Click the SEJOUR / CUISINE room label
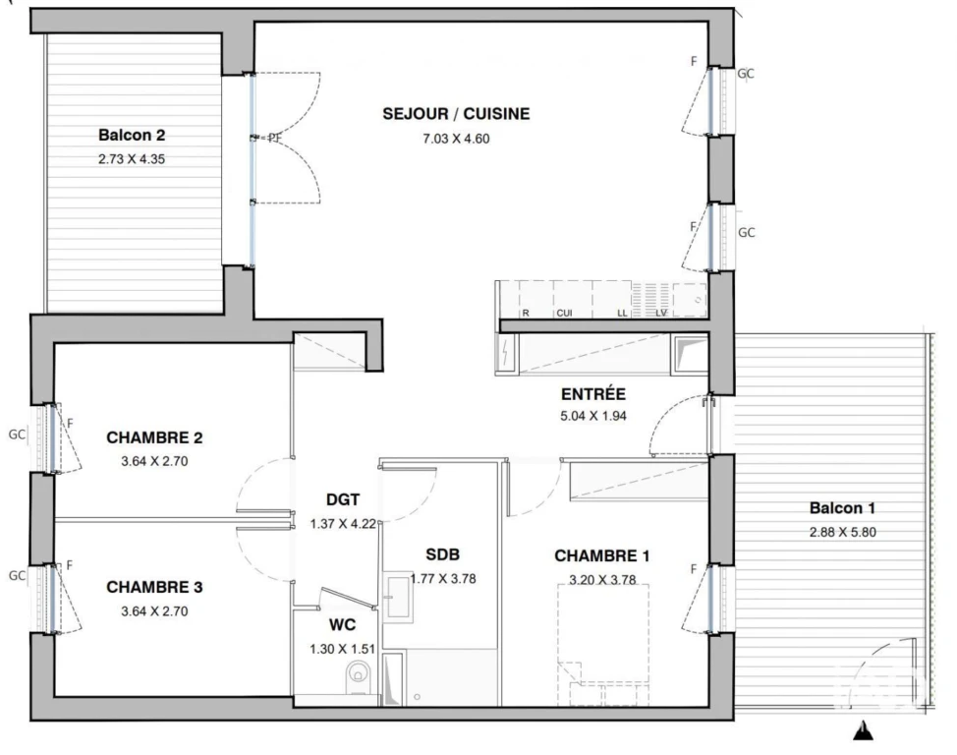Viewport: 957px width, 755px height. pyautogui.click(x=456, y=114)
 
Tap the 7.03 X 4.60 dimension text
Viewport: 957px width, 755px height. pyautogui.click(x=456, y=139)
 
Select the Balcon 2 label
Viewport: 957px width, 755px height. pyautogui.click(x=132, y=135)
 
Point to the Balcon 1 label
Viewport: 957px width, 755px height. pyautogui.click(x=842, y=508)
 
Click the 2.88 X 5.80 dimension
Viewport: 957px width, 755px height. pyautogui.click(x=842, y=532)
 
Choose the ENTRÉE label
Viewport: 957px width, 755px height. pyautogui.click(x=593, y=394)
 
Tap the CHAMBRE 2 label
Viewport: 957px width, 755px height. pyautogui.click(x=154, y=438)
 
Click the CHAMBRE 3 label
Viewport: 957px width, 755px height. pyautogui.click(x=154, y=588)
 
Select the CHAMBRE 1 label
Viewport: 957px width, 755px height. pyautogui.click(x=601, y=555)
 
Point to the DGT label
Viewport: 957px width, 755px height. pyautogui.click(x=343, y=500)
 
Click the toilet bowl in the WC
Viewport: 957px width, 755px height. pyautogui.click(x=358, y=677)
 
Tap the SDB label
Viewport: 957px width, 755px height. pyautogui.click(x=442, y=554)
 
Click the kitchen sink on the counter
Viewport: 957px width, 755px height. pyautogui.click(x=690, y=299)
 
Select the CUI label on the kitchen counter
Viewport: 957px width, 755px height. pyautogui.click(x=565, y=314)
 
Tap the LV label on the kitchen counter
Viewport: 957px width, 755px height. pyautogui.click(x=661, y=314)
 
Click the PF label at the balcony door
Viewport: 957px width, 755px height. pyautogui.click(x=275, y=138)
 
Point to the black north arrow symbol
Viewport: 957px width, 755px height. pyautogui.click(x=863, y=730)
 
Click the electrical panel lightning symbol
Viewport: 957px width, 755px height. pyautogui.click(x=507, y=354)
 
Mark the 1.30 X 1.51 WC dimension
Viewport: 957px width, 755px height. pyautogui.click(x=342, y=650)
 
